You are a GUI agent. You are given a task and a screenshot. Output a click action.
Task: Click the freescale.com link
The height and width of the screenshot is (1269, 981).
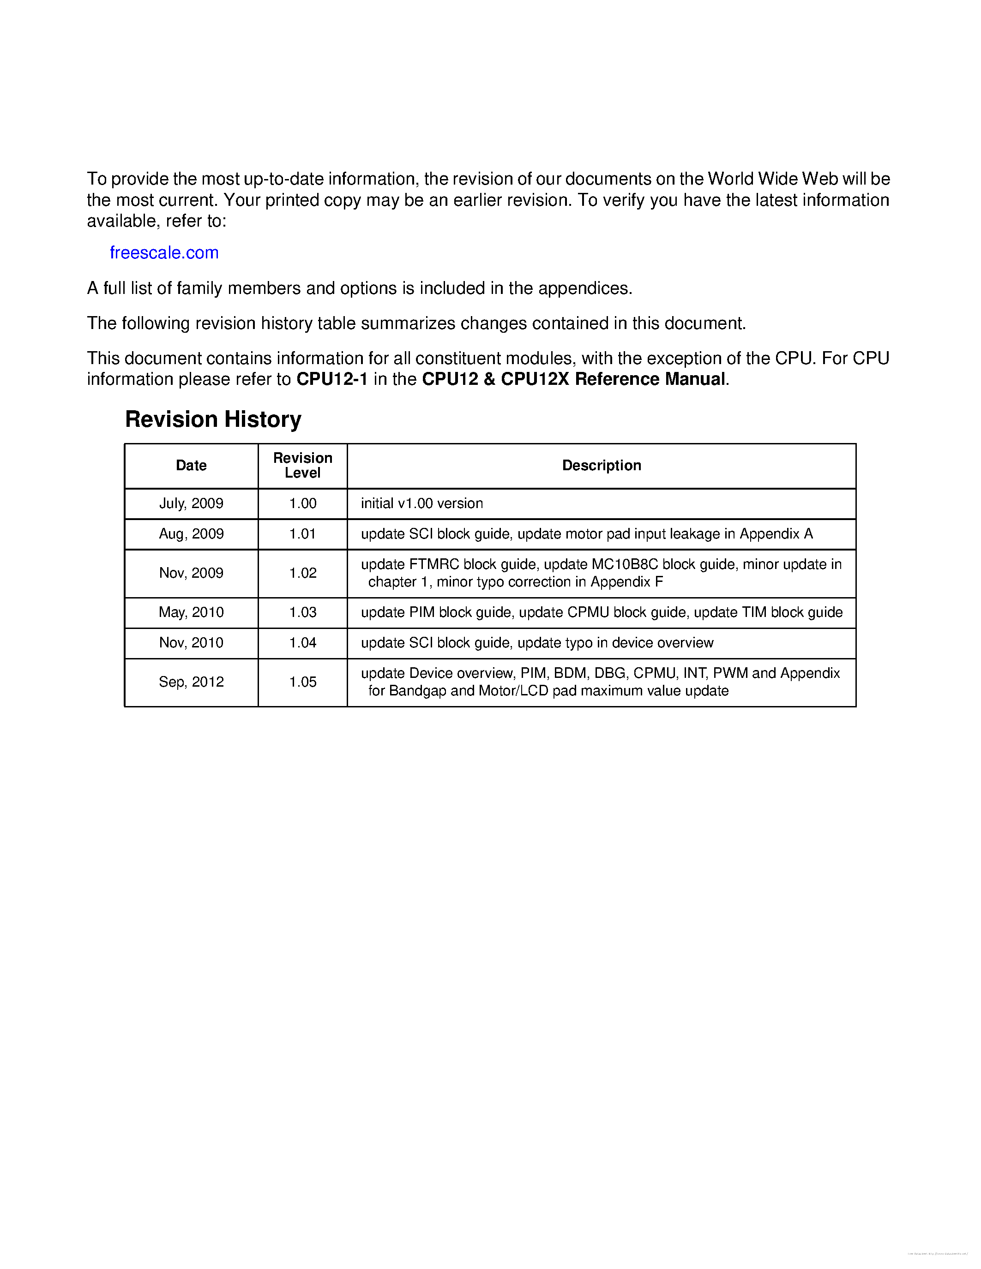click(x=164, y=253)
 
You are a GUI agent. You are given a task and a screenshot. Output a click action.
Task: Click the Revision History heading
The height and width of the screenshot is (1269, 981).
click(x=213, y=419)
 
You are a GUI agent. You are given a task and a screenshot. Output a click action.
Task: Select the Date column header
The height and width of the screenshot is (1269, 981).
click(x=191, y=466)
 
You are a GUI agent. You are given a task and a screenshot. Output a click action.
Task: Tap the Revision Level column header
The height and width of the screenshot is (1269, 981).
click(x=302, y=466)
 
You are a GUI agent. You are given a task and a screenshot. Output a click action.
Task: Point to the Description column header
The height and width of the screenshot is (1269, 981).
click(x=601, y=466)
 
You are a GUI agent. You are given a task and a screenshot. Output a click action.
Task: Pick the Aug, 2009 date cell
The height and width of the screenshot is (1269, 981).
click(x=191, y=533)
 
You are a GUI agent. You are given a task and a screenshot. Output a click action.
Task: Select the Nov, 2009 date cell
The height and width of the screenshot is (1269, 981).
click(x=191, y=573)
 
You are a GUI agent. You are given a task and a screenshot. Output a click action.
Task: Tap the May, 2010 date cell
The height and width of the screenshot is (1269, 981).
click(x=191, y=612)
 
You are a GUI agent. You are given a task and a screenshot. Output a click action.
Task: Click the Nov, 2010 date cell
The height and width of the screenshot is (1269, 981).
click(x=191, y=643)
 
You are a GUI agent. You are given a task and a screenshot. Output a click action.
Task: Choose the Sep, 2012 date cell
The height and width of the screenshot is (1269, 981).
click(x=191, y=682)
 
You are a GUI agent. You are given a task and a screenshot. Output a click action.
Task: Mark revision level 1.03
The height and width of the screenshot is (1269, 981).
click(x=302, y=612)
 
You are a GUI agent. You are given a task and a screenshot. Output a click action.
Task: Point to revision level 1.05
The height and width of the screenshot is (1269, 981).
click(x=302, y=682)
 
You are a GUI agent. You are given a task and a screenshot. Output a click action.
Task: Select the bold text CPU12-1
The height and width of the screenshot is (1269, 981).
click(x=332, y=379)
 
